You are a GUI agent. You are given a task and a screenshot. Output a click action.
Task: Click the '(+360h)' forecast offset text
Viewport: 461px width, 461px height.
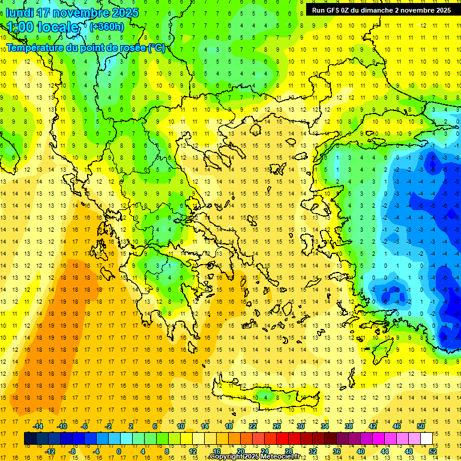tap(107, 27)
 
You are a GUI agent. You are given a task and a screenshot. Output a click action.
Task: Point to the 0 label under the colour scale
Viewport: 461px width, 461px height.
tap(119, 451)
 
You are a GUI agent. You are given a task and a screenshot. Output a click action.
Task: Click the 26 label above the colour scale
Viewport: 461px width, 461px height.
tap(277, 426)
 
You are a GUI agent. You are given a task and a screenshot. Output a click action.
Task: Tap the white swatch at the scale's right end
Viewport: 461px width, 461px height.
tap(427, 439)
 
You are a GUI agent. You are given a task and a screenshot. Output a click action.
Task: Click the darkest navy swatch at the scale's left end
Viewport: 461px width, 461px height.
tap(30, 439)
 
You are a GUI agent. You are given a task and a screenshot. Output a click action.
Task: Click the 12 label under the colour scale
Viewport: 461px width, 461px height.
tap(192, 451)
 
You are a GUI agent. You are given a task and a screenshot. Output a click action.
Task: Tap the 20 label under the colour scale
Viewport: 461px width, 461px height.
tap(241, 451)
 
